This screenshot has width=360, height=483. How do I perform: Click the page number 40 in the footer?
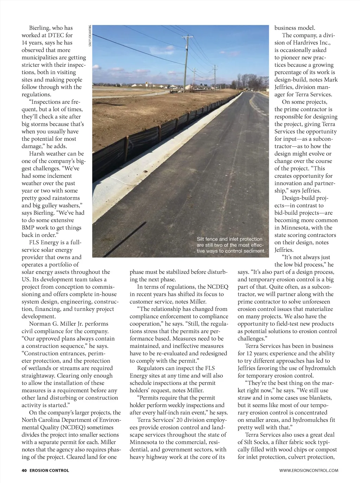click(x=24, y=470)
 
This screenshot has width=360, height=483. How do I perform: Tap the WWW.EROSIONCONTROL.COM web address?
click(x=309, y=470)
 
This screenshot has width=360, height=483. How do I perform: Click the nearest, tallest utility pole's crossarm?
click(x=187, y=37)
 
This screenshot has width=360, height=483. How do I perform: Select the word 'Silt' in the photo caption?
click(x=200, y=239)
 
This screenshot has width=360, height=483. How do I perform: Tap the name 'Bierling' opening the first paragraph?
click(x=40, y=28)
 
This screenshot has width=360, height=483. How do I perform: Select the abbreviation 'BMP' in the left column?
click(x=28, y=228)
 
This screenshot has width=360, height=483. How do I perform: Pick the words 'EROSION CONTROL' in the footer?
click(x=49, y=470)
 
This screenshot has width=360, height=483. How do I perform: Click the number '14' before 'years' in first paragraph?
click(x=25, y=43)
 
